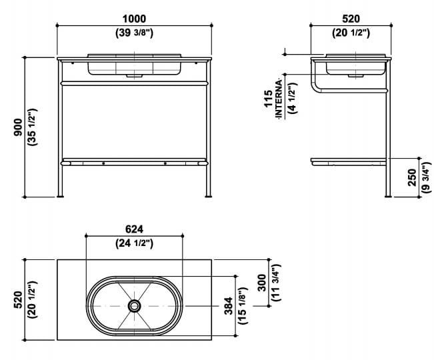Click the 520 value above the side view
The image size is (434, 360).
click(350, 19)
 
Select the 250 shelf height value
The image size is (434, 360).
click(412, 177)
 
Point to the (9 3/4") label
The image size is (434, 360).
click(425, 177)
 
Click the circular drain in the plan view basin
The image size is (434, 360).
click(135, 306)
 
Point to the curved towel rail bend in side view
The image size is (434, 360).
click(314, 89)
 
